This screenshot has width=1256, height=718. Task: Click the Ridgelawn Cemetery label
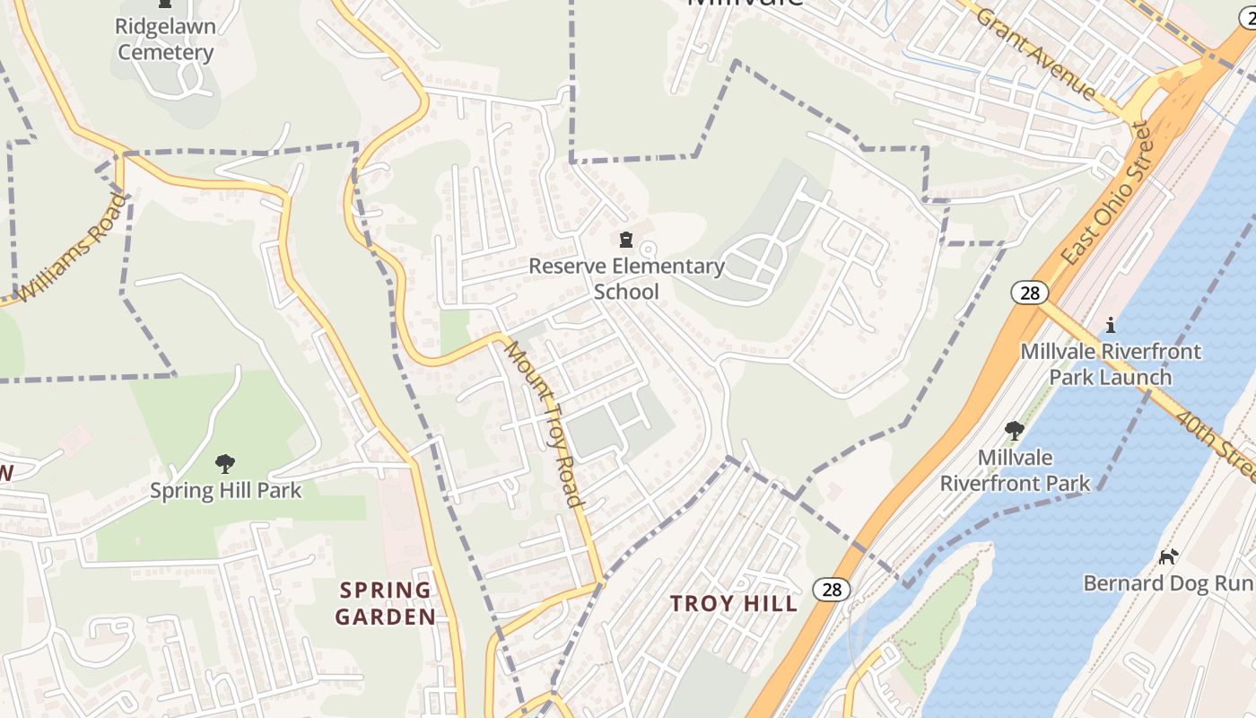point(166,39)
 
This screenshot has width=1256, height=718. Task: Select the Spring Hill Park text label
point(225,491)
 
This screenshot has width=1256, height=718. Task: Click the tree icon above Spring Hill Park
point(225,464)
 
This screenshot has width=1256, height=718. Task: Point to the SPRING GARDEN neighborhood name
point(386,603)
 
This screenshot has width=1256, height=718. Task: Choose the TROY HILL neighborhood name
point(733,603)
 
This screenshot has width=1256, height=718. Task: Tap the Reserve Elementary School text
point(626,278)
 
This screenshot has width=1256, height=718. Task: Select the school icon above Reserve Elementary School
point(625,240)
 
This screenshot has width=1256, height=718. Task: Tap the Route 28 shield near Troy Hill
point(832,589)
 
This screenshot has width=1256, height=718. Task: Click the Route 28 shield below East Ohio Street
point(1029,292)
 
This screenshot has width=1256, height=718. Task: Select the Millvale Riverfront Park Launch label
point(1111,363)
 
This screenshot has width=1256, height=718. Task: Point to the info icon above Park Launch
point(1111,324)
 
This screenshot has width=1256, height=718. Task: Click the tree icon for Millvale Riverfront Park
point(1015,431)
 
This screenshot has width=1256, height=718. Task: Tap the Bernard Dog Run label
point(1167,583)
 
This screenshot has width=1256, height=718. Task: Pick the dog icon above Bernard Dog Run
point(1167,556)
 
